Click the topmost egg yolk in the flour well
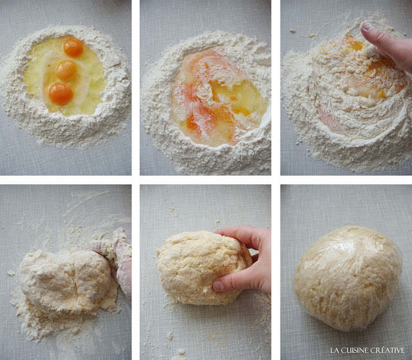click(73, 47)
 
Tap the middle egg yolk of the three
click(66, 70)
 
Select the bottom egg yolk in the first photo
click(61, 94)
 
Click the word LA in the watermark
click(333, 350)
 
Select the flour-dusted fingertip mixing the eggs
click(366, 26)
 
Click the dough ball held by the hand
click(203, 267)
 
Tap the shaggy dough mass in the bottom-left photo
click(66, 281)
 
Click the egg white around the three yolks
click(66, 76)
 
